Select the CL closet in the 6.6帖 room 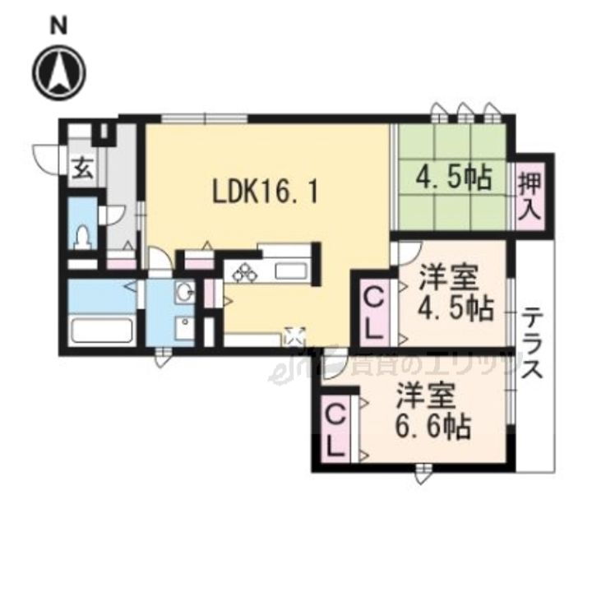point(336,432)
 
